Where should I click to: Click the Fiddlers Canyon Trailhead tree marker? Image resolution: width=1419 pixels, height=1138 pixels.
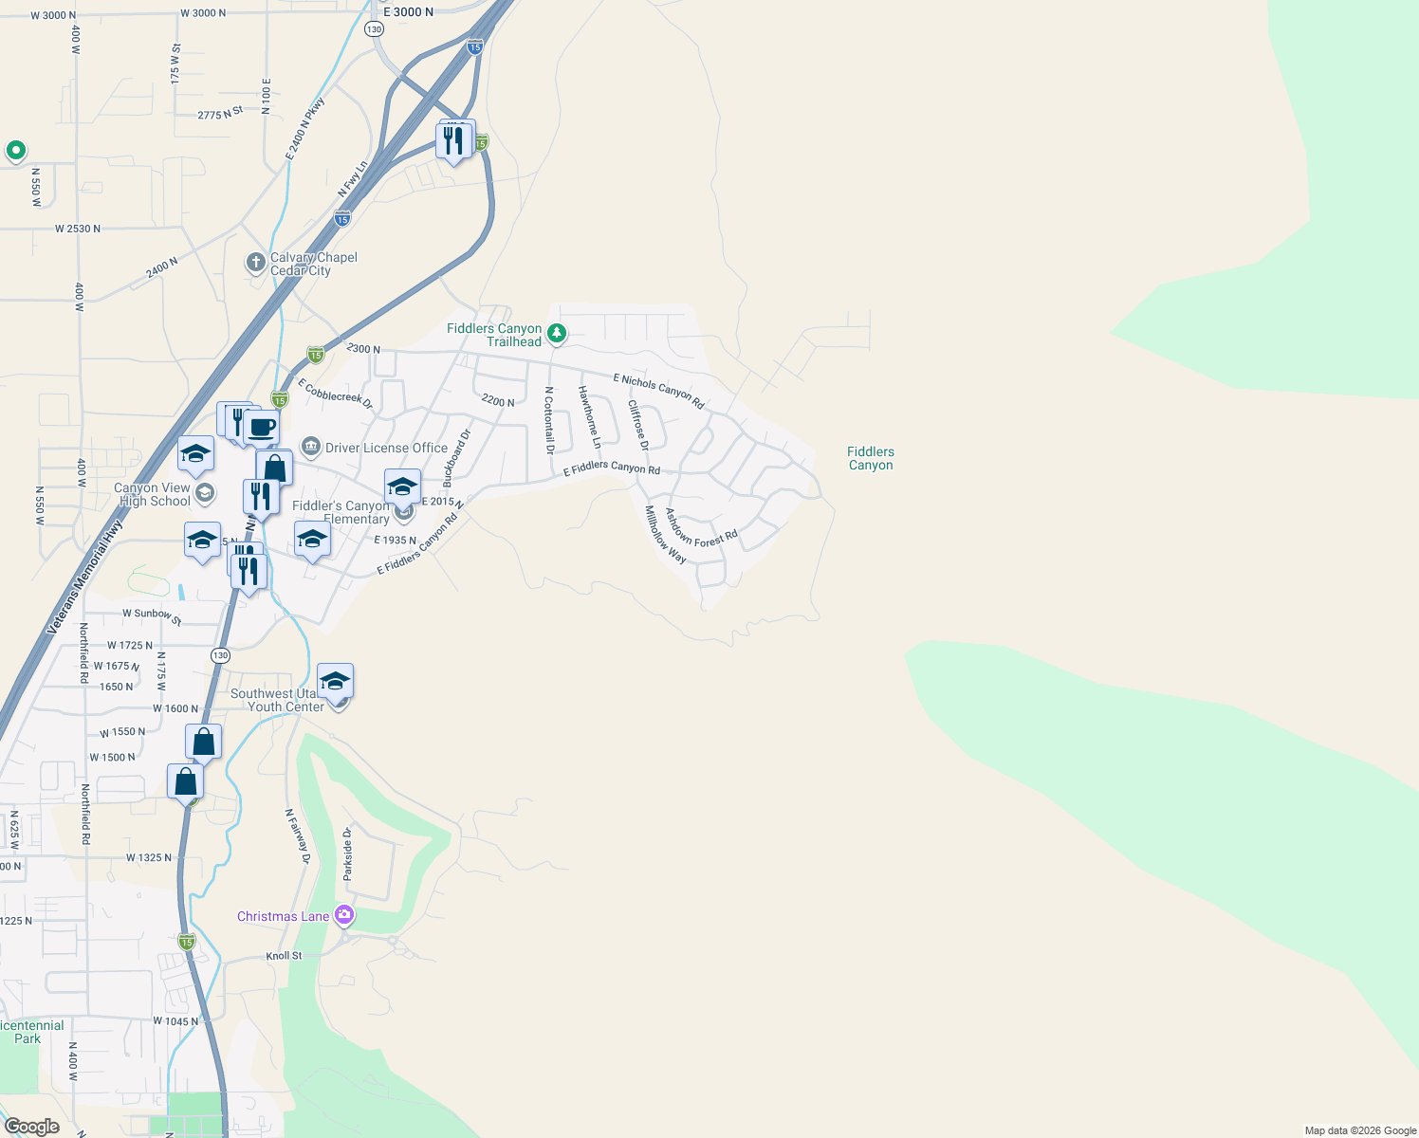(558, 333)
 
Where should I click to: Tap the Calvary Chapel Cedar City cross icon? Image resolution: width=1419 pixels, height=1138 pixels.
(255, 263)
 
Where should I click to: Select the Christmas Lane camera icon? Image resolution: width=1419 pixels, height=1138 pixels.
(344, 915)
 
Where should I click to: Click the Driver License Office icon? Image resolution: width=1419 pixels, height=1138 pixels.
(311, 447)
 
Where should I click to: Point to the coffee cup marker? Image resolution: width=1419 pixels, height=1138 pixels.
(262, 428)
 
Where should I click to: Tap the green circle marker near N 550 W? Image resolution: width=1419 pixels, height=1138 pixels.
(15, 150)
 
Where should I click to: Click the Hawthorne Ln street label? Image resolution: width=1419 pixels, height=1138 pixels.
(590, 417)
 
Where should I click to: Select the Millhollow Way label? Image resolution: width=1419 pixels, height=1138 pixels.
(666, 535)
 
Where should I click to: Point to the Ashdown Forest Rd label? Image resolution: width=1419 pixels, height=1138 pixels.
(701, 529)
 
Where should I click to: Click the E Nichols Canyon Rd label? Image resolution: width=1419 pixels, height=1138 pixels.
(658, 391)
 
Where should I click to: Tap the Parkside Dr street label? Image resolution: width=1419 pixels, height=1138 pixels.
(348, 853)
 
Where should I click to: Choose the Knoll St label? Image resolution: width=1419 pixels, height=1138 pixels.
(284, 956)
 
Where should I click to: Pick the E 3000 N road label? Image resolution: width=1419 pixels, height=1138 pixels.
(408, 12)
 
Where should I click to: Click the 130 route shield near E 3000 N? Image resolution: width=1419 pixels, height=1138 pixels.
(375, 29)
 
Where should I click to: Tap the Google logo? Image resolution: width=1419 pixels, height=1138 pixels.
(32, 1127)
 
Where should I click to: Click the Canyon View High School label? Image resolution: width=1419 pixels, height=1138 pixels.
(152, 495)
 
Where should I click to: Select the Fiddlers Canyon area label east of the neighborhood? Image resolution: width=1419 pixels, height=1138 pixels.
(871, 458)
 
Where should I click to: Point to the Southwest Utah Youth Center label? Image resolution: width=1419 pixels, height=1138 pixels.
(277, 700)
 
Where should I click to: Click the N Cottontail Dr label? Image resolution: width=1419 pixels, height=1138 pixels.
(548, 420)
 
